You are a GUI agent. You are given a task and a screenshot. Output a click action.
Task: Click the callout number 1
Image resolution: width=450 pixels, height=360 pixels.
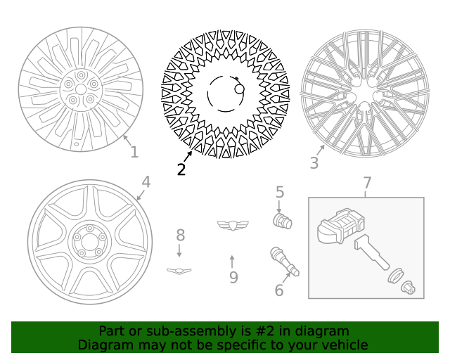pyautogui.click(x=134, y=152)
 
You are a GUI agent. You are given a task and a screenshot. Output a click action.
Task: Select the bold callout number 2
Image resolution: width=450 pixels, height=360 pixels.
pyautogui.click(x=181, y=169)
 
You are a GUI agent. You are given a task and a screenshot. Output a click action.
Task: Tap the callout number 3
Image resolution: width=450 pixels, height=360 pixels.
pyautogui.click(x=314, y=163)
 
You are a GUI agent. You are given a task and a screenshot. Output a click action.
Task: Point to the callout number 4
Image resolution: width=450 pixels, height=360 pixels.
pyautogui.click(x=146, y=182)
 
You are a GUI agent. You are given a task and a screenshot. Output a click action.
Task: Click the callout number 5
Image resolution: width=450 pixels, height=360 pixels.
pyautogui.click(x=279, y=191)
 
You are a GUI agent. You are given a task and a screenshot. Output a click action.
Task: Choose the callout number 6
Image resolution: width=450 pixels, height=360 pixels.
pyautogui.click(x=279, y=290)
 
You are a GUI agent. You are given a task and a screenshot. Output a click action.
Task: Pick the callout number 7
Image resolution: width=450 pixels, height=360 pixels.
pyautogui.click(x=367, y=183)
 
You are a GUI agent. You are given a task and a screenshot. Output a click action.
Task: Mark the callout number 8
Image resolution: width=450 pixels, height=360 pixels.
pyautogui.click(x=180, y=235)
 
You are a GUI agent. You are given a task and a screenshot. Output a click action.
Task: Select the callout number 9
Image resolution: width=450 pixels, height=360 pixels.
pyautogui.click(x=233, y=278)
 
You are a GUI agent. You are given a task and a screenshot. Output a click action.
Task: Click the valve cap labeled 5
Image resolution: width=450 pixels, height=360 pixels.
pyautogui.click(x=282, y=221)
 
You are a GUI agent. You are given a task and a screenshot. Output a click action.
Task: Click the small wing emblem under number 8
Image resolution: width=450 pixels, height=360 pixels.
pyautogui.click(x=179, y=270)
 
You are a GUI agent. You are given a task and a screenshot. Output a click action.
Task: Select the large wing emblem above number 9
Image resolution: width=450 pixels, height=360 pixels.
pyautogui.click(x=233, y=225)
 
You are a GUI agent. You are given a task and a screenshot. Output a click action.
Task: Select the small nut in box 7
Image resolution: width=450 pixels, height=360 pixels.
pyautogui.click(x=407, y=286)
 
